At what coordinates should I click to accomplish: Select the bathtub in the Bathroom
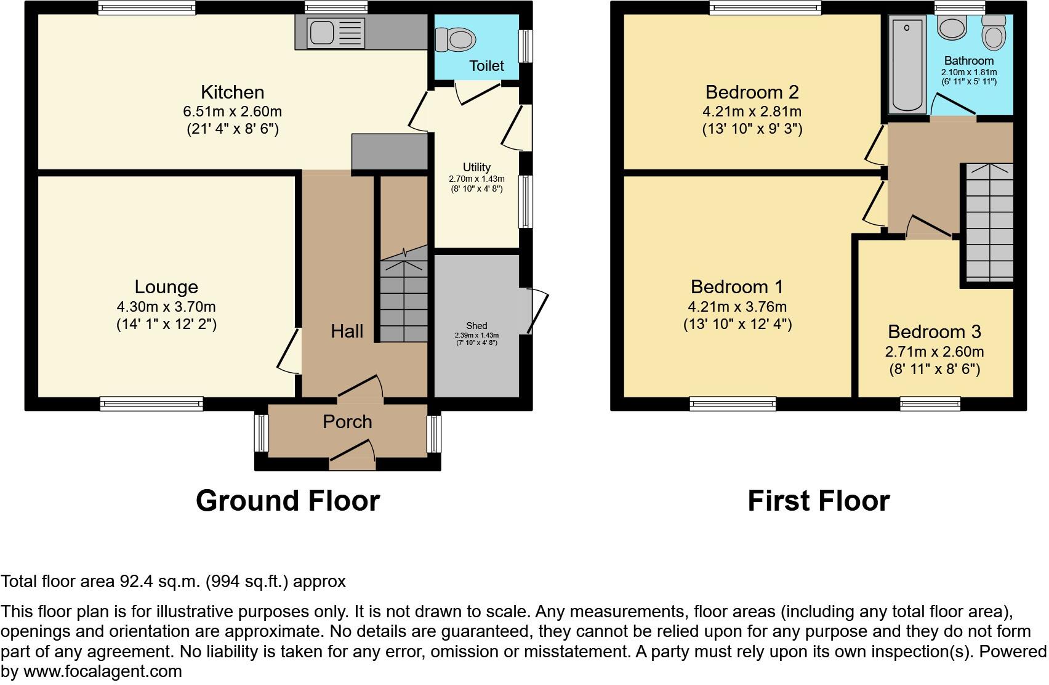coord(908,65)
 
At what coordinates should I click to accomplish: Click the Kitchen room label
coord(232,92)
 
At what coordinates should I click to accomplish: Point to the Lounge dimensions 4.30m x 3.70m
coord(166,307)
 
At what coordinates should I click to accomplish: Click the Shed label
coord(476,326)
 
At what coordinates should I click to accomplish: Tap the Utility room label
coord(476,167)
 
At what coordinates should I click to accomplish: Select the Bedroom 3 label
coord(934,332)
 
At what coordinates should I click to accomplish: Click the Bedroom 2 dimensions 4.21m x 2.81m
coord(752,111)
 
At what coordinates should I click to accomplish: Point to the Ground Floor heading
coord(287,501)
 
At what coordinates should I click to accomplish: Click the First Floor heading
coord(818,501)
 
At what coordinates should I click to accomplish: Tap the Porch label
coord(347,422)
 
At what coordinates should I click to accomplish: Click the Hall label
coord(347,331)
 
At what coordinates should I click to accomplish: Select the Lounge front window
coord(152,404)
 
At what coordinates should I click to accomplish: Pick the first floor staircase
coord(988,222)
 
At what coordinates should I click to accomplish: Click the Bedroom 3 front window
coord(930,404)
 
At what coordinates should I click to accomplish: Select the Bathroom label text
coord(968,61)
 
